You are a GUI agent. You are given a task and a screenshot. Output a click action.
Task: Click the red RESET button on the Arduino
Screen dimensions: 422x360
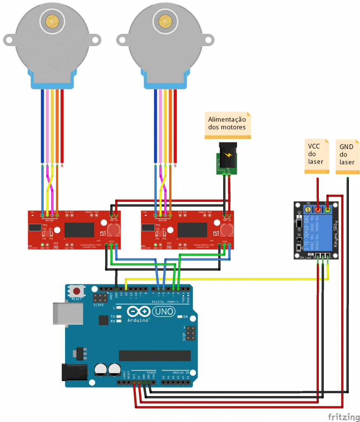click(76, 291)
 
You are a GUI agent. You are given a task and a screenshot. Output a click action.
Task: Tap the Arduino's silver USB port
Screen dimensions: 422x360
click(60, 313)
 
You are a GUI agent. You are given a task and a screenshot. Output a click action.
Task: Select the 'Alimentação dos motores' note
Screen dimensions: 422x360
click(228, 124)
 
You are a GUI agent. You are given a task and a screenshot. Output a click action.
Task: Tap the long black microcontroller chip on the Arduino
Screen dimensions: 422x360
click(154, 356)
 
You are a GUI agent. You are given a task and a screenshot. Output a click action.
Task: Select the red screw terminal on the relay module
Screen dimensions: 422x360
click(318, 210)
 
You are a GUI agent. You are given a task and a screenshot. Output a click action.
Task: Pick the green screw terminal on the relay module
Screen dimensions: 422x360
click(328, 210)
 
